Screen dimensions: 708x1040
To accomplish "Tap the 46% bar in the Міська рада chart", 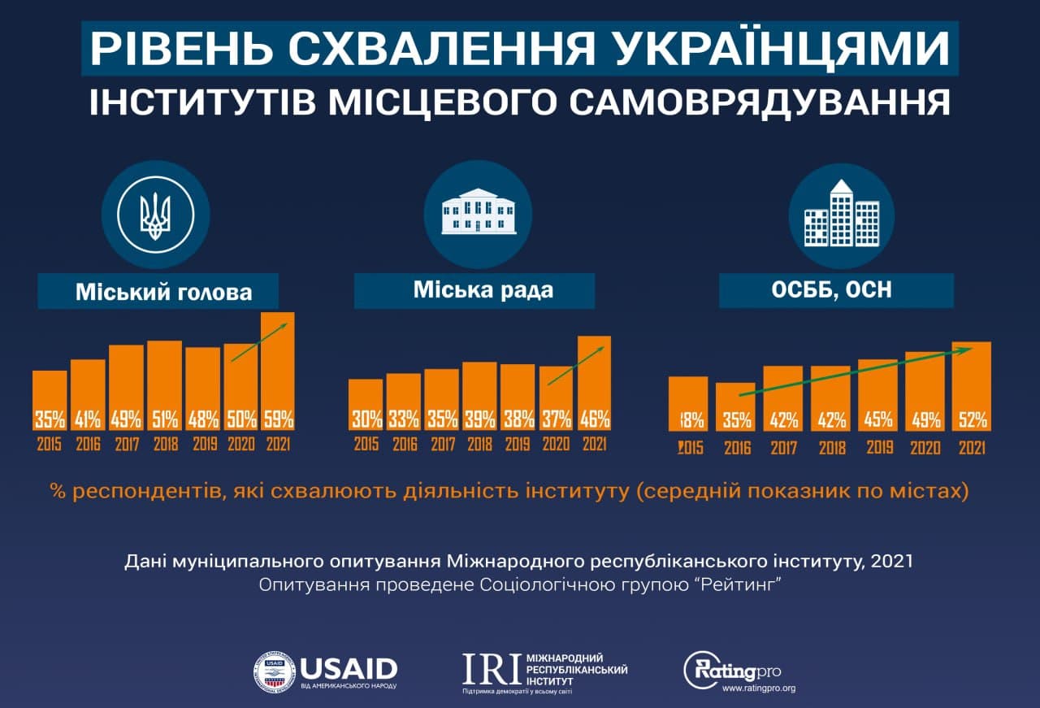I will click(594, 383).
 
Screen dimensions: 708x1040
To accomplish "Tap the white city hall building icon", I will click(478, 214).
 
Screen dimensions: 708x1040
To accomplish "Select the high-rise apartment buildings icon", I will click(841, 214).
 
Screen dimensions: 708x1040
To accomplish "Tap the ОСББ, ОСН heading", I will click(836, 290).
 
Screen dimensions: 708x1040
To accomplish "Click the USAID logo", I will click(325, 671).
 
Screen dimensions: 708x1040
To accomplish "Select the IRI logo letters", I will click(491, 667).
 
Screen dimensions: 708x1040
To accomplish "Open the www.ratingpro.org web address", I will click(758, 688).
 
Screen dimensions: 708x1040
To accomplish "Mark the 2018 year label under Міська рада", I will click(479, 445).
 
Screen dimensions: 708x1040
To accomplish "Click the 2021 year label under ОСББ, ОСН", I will click(972, 447).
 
